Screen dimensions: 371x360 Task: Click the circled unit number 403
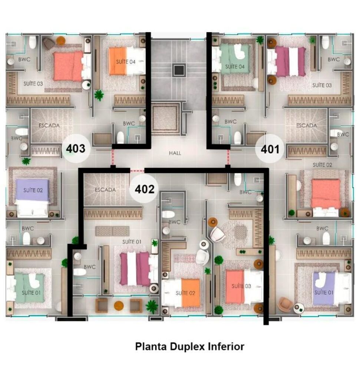pyautogui.click(x=76, y=149)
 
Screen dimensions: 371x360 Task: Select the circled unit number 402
pyautogui.click(x=144, y=189)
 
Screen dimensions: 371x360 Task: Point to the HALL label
pyautogui.click(x=175, y=153)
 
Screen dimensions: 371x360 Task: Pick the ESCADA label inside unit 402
pyautogui.click(x=105, y=190)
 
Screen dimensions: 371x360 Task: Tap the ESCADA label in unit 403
pyautogui.click(x=49, y=125)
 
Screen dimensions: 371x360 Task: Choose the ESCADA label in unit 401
pyautogui.click(x=307, y=125)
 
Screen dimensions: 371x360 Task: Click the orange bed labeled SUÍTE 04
pyautogui.click(x=122, y=62)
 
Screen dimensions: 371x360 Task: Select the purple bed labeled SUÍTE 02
pyautogui.click(x=33, y=190)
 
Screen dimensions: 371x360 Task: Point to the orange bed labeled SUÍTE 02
pyautogui.click(x=185, y=293)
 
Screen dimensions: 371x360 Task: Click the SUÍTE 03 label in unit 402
pyautogui.click(x=241, y=286)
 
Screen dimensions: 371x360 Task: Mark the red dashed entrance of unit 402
pyautogui.click(x=137, y=171)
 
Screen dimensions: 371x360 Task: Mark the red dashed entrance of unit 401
pyautogui.click(x=228, y=157)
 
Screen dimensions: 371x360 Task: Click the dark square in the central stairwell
pyautogui.click(x=178, y=70)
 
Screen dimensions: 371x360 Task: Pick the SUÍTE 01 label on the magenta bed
pyautogui.click(x=132, y=242)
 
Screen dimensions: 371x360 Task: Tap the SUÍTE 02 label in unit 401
pyautogui.click(x=322, y=165)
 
